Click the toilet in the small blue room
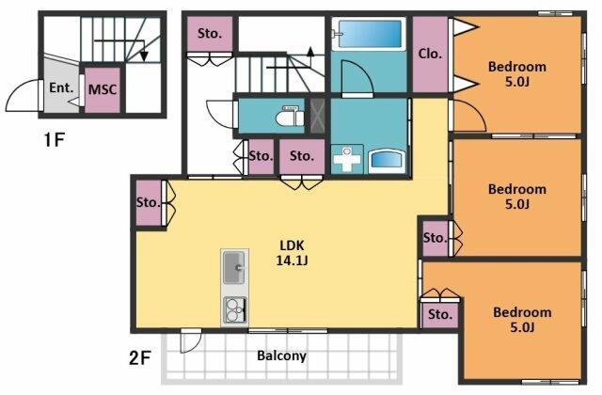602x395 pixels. [290, 116]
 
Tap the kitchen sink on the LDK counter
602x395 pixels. [234, 267]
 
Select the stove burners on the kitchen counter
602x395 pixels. [234, 310]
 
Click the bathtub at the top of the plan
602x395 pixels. [369, 34]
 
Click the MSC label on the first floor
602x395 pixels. [103, 90]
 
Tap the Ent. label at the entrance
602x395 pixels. [61, 87]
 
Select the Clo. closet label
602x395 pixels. [430, 54]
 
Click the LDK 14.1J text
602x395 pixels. [293, 253]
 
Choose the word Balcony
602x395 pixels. [281, 355]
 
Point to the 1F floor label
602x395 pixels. [54, 140]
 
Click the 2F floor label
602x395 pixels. [139, 358]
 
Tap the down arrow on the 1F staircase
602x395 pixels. [144, 56]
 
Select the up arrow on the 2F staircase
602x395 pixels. [310, 52]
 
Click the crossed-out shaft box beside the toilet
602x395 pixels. [318, 116]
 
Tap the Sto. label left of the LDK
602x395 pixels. [149, 202]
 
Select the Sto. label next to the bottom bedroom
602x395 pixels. [440, 315]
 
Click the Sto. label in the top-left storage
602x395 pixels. [210, 34]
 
